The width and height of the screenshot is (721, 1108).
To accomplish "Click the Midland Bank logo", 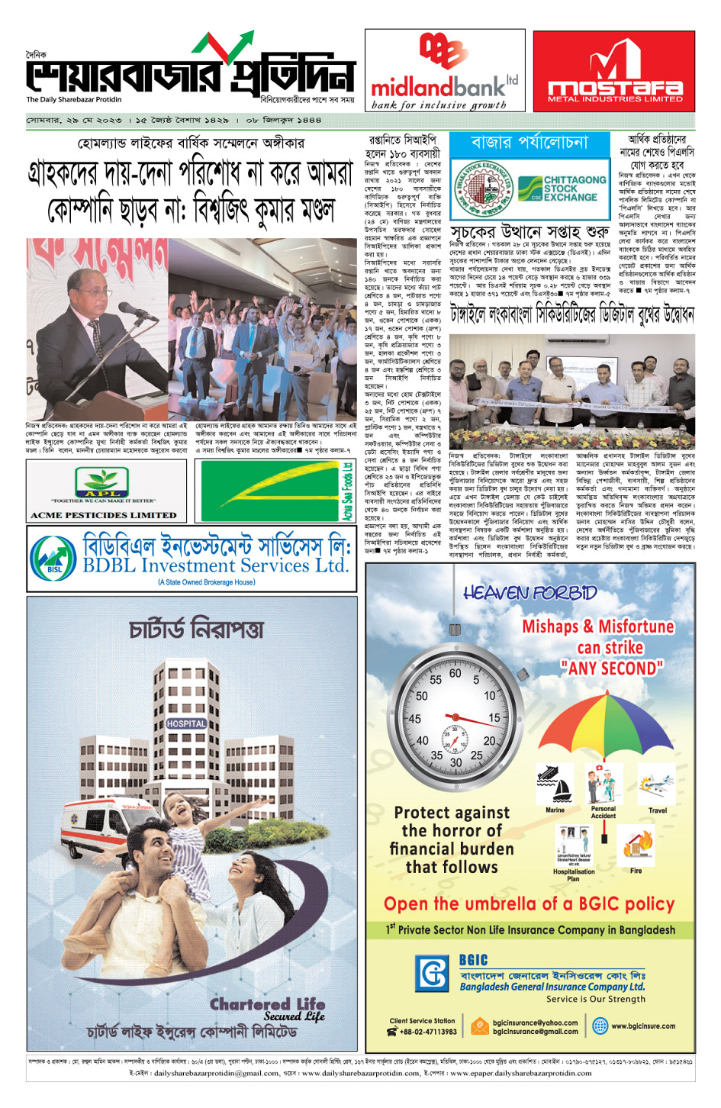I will tap(444, 70).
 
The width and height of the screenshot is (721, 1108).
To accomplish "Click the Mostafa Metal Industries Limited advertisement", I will tap(614, 72).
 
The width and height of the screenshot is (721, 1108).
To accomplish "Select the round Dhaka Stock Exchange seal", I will tap(483, 188).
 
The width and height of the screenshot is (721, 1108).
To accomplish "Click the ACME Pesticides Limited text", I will tap(103, 515).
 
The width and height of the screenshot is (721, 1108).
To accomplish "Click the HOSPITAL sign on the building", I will tap(186, 723).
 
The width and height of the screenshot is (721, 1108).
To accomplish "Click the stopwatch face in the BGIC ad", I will tap(455, 720).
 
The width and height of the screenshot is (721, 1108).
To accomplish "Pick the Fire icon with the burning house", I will tap(636, 846).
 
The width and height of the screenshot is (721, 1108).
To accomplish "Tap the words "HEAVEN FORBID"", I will tap(530, 593).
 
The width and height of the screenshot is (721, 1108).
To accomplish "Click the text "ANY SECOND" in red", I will tap(612, 668).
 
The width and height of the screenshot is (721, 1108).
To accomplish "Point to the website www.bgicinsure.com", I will tap(642, 1026).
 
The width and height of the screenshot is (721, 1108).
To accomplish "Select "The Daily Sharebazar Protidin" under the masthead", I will tap(74, 100).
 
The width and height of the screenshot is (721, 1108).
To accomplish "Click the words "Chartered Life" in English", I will tap(267, 1003).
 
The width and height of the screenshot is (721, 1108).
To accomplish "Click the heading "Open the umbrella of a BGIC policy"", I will tap(529, 904).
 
